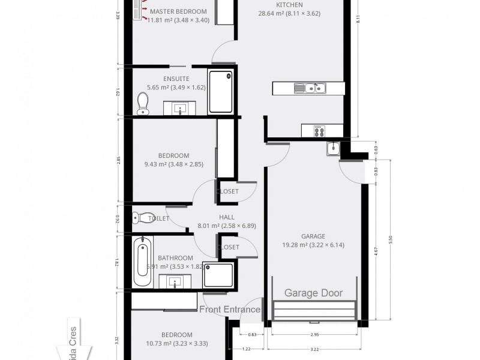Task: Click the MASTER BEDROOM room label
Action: [x=178, y=11]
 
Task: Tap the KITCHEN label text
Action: [x=284, y=5]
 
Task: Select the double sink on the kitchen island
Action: [x=310, y=89]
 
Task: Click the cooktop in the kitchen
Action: [x=317, y=130]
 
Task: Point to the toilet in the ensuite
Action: [x=143, y=103]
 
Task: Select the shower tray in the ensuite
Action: [x=220, y=92]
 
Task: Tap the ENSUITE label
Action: [x=176, y=79]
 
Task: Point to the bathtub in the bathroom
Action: [x=142, y=262]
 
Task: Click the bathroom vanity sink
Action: [x=175, y=281]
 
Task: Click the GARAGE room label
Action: [x=313, y=236]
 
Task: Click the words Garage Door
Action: [x=313, y=293]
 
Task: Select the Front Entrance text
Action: [x=230, y=310]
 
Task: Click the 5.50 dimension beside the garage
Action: [x=391, y=239]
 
